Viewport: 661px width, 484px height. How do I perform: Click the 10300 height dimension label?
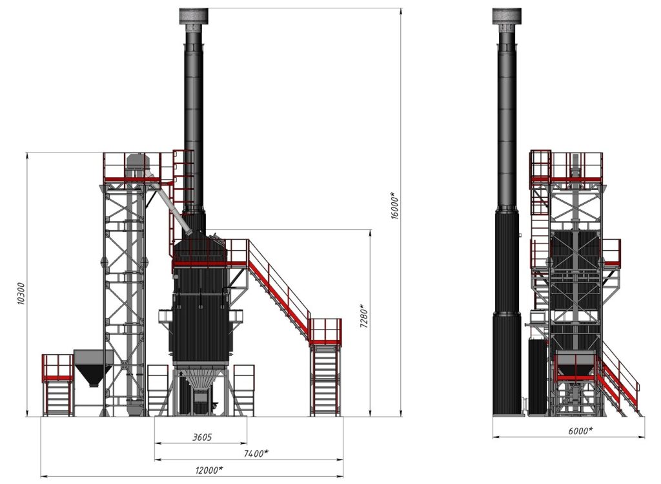point(21,293)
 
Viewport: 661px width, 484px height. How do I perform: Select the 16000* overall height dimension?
point(394,205)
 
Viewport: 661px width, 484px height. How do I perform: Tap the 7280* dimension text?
point(364,315)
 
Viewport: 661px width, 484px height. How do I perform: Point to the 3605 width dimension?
point(202,437)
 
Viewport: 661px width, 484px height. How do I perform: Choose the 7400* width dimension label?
point(256,453)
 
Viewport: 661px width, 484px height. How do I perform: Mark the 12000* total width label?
point(208,470)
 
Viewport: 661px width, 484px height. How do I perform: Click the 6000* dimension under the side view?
point(580,430)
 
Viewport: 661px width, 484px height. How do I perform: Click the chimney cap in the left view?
point(194,16)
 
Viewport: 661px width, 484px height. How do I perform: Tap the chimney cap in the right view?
point(507,16)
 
